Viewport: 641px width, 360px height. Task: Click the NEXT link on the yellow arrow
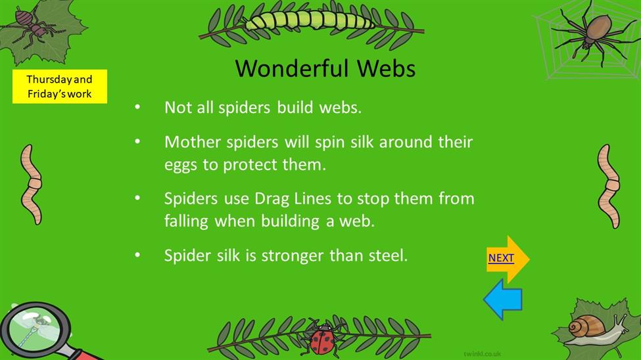(501, 258)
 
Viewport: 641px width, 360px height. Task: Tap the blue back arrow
(503, 300)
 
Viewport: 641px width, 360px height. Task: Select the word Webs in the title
(386, 68)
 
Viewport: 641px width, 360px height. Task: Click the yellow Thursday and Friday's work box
(60, 86)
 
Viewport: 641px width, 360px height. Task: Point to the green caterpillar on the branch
(310, 20)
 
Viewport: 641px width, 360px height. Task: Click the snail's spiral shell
(586, 326)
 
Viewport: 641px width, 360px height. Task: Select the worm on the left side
(32, 185)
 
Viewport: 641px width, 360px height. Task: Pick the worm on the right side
(609, 186)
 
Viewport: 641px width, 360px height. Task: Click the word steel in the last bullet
(388, 256)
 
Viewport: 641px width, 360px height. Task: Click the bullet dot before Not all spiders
(137, 108)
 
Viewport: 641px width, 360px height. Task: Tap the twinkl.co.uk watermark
(483, 353)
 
